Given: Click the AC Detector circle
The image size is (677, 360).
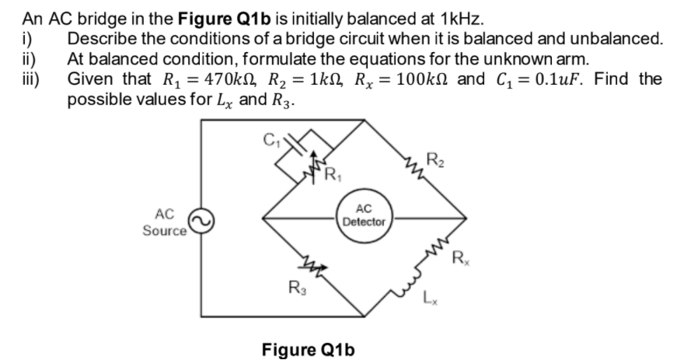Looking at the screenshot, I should [364, 216].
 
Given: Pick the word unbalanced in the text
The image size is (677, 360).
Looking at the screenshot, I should [616, 38].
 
